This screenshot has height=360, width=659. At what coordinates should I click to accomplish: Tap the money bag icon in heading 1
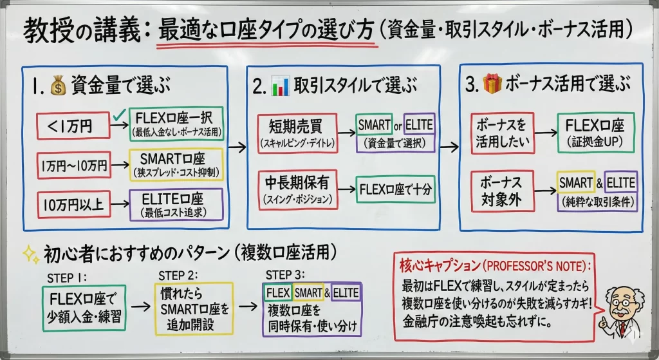[59, 84]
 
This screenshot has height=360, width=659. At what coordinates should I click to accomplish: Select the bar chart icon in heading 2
[280, 84]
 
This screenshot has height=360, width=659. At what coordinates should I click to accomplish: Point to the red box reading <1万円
[69, 126]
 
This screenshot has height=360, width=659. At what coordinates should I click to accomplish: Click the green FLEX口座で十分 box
[394, 189]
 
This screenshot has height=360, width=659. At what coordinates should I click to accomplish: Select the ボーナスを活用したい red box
[503, 133]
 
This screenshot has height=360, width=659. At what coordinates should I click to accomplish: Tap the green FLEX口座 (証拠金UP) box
[595, 132]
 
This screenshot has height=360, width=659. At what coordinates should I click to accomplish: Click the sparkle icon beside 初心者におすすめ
[30, 254]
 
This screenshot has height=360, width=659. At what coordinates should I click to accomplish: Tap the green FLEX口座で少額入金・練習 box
[84, 308]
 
